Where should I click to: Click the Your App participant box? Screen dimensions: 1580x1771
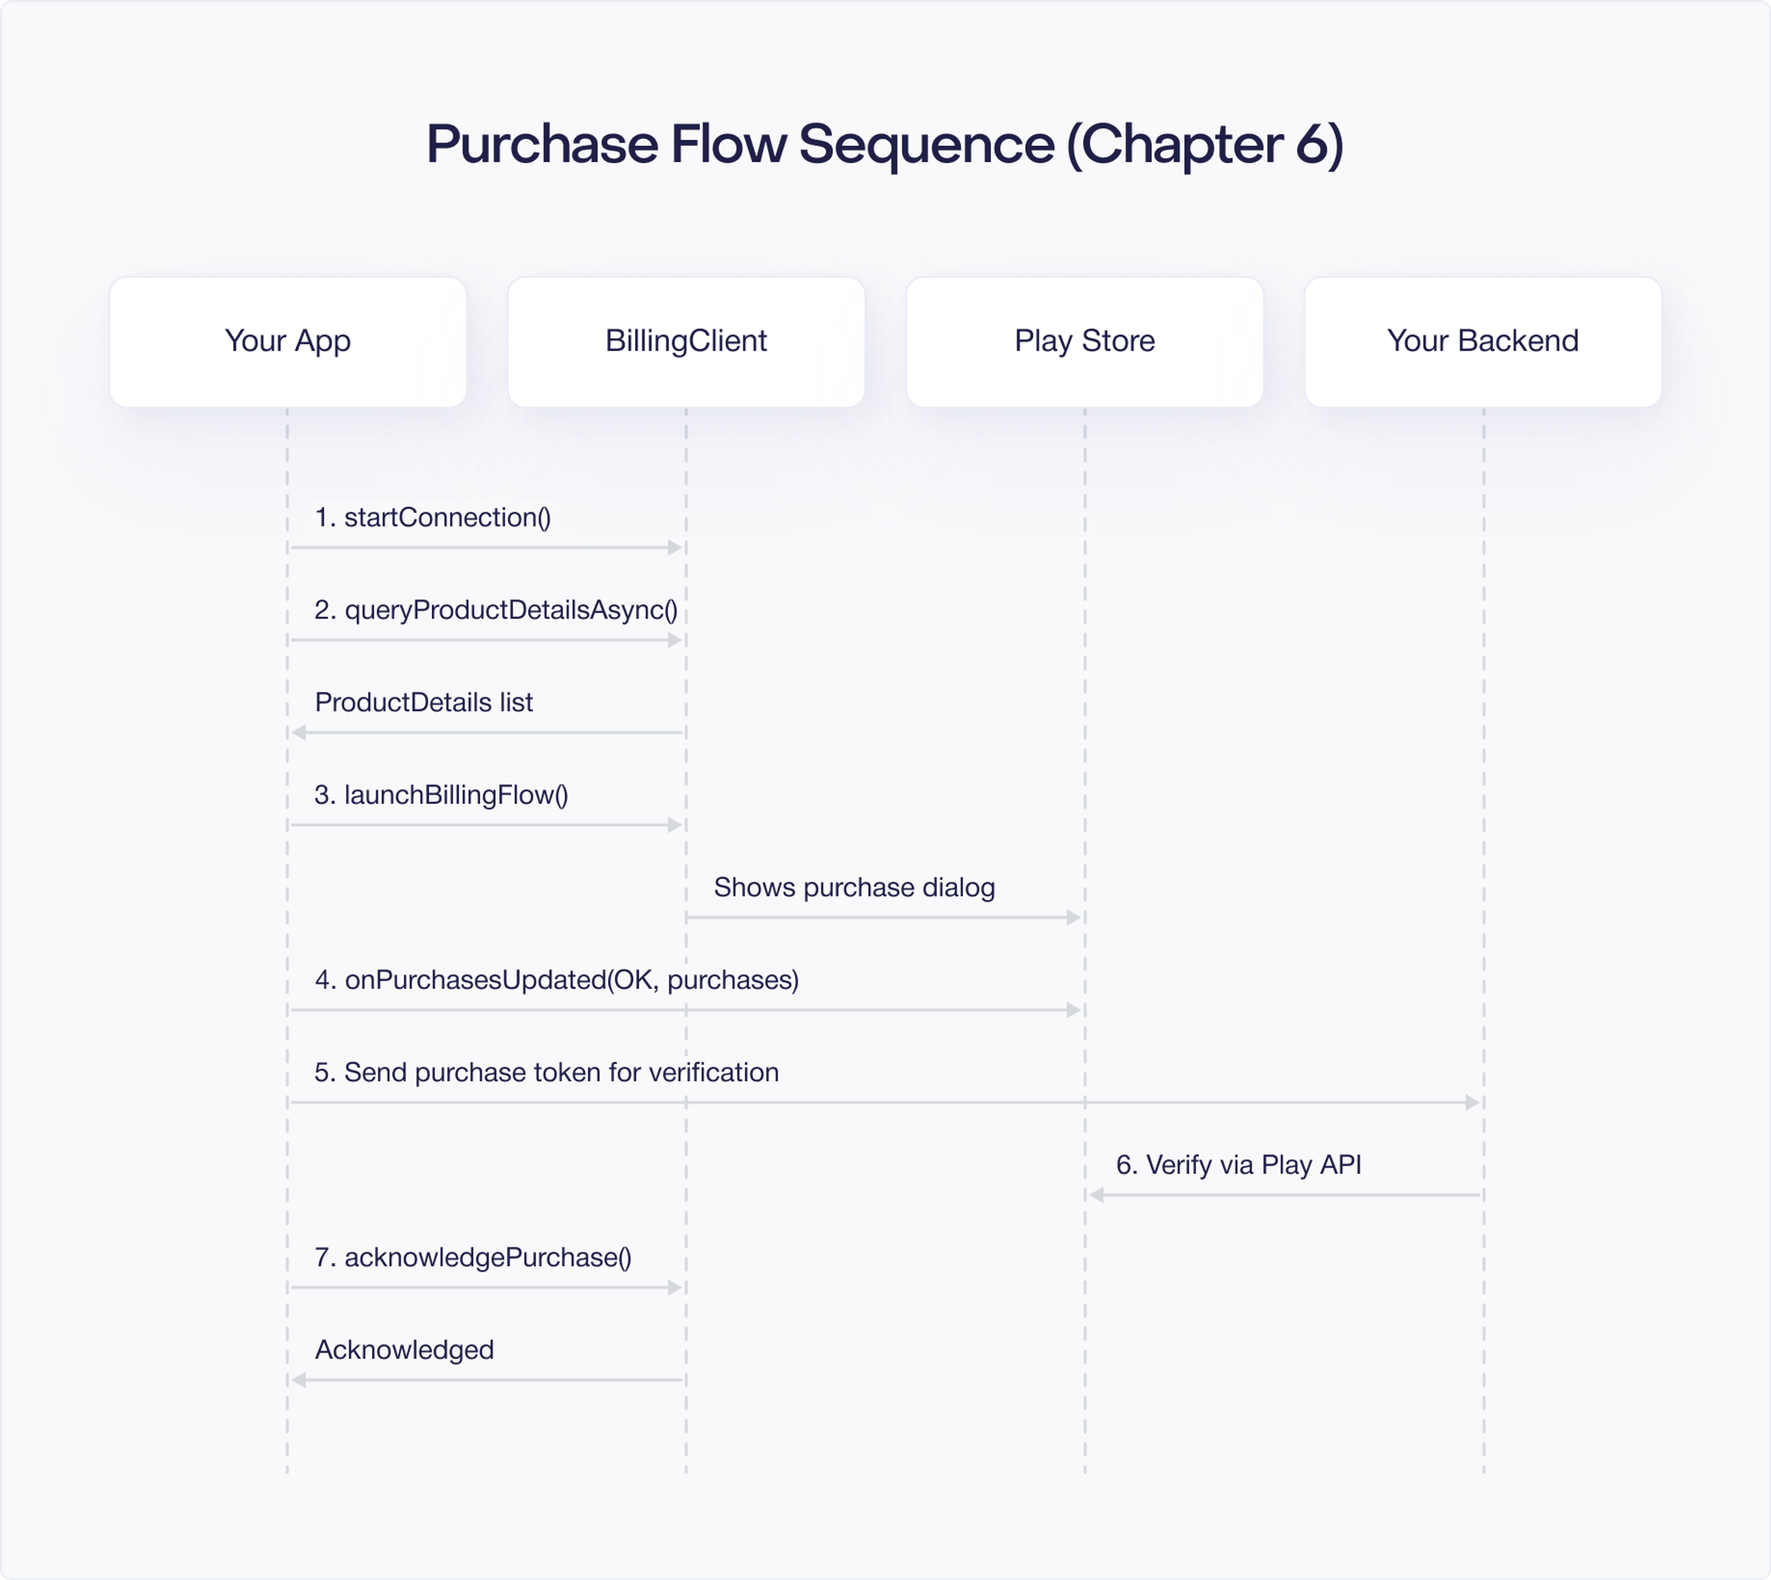click(x=287, y=341)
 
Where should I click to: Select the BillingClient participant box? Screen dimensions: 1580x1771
click(x=686, y=341)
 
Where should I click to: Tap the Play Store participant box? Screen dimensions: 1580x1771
click(x=1084, y=341)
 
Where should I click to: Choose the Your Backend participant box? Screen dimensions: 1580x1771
click(x=1483, y=341)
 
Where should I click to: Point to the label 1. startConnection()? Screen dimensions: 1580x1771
click(x=432, y=517)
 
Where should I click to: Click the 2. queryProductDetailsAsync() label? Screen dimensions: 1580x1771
click(x=496, y=610)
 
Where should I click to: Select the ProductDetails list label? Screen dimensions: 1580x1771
click(x=424, y=702)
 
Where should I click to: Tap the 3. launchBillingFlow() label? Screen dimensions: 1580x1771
click(x=441, y=795)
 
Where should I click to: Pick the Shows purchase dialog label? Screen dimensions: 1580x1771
click(x=854, y=887)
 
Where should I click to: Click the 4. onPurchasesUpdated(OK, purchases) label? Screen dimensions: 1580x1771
click(x=557, y=980)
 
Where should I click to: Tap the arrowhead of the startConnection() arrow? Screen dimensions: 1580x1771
click(x=675, y=548)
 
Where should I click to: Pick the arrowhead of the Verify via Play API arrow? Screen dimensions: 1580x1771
click(x=1096, y=1195)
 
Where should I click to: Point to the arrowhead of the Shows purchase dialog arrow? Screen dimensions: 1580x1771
click(x=1073, y=918)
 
